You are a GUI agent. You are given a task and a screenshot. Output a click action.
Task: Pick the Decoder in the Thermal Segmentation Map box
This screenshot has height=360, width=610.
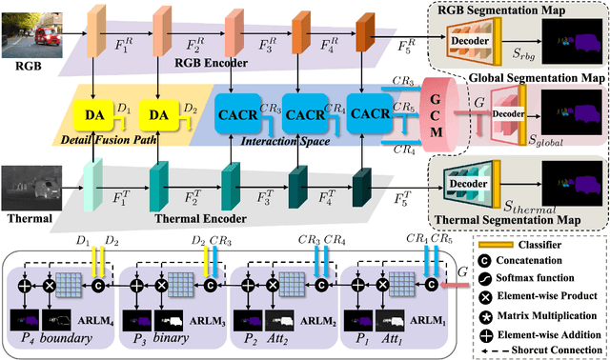475,180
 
